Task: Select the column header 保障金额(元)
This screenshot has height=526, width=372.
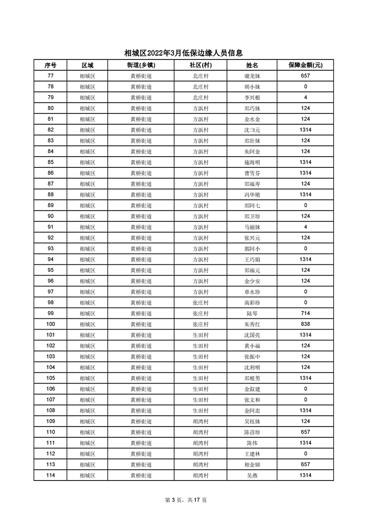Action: coord(305,65)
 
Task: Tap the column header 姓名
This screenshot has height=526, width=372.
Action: coord(252,65)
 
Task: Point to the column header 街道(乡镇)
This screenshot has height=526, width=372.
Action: coord(141,65)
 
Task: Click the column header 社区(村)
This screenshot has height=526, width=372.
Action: coord(200,65)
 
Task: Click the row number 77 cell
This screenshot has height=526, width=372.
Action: coord(51,76)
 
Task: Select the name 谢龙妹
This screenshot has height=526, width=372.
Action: coord(252,76)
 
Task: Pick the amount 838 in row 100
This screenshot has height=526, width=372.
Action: coord(305,324)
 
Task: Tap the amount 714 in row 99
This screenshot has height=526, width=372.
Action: coord(305,314)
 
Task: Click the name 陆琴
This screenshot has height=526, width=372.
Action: coord(252,314)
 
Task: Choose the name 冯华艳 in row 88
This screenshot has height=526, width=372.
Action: coord(252,195)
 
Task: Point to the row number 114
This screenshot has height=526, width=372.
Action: coord(51,475)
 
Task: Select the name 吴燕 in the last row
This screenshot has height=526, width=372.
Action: coord(252,475)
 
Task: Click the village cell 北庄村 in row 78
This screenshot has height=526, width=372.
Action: coord(200,87)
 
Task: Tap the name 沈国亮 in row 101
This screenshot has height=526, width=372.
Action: coord(252,335)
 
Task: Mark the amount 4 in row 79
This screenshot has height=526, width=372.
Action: coord(305,98)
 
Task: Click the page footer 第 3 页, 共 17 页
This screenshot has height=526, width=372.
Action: coord(186,500)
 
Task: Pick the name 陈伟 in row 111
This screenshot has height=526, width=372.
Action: coord(252,443)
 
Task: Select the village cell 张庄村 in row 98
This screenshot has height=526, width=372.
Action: coord(200,303)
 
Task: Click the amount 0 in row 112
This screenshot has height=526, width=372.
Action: coord(305,454)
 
